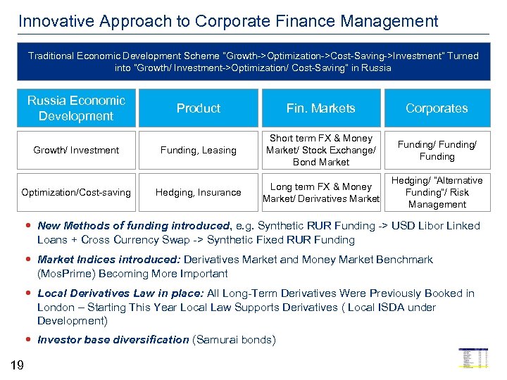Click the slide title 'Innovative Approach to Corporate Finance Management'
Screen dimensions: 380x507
click(x=228, y=21)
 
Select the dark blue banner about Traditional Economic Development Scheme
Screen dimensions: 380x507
click(x=254, y=62)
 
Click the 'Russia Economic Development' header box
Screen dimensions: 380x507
click(x=76, y=108)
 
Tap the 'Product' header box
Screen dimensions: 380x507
click(x=199, y=108)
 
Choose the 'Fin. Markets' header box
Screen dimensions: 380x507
click(x=320, y=108)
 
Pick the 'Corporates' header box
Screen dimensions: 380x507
click(x=437, y=108)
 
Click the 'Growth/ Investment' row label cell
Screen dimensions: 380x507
click(x=76, y=150)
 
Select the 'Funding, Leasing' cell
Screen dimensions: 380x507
click(x=199, y=150)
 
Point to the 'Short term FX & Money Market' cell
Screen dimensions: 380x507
click(x=320, y=150)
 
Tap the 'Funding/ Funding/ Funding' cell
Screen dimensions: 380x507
click(x=437, y=150)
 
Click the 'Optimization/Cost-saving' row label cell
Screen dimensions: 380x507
click(x=76, y=192)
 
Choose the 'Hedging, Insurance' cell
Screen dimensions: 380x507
click(x=199, y=192)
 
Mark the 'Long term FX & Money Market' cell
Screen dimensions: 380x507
click(x=320, y=192)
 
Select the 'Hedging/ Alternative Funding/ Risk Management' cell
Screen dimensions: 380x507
click(x=437, y=192)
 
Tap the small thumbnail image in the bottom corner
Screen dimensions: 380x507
click(x=473, y=358)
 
